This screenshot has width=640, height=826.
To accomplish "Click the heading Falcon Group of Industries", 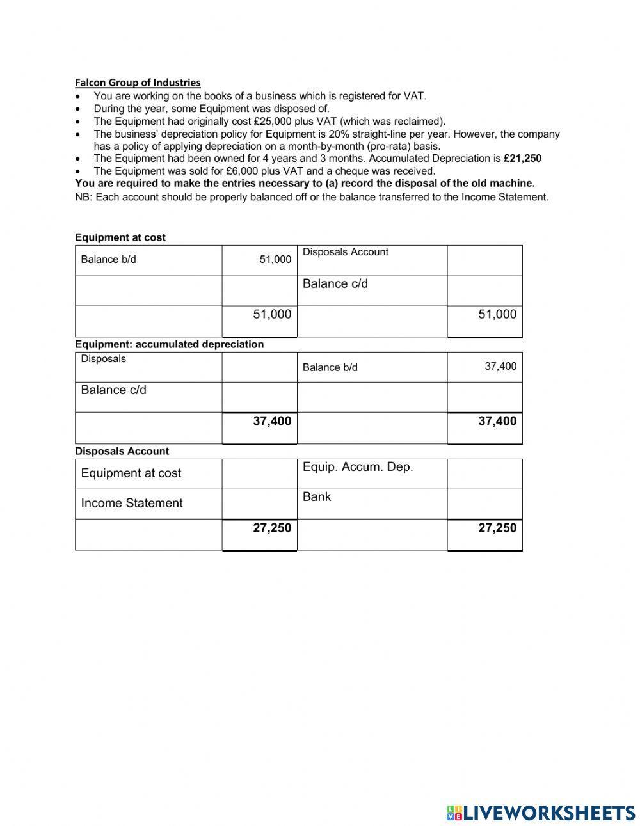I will tap(138, 83).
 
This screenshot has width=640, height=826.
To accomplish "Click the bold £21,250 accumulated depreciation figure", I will tap(522, 159).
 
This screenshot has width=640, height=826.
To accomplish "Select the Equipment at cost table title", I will tap(120, 237).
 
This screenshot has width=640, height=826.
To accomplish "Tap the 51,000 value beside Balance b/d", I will tap(275, 260).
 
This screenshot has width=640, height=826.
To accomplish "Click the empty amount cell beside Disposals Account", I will tap(484, 260).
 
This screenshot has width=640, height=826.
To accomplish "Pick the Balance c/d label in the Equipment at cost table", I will tap(335, 284).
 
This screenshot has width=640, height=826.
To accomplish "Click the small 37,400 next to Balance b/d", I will tap(500, 367).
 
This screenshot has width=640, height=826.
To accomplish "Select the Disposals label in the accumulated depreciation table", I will tap(104, 359).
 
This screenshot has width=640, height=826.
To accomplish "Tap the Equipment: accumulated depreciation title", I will tap(170, 344).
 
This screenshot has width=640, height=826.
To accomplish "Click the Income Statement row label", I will tap(132, 504).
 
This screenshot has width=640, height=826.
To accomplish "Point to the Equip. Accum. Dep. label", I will tap(358, 467).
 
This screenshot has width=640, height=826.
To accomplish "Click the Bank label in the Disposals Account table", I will tap(317, 497).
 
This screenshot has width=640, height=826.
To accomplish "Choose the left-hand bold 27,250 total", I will tap(272, 528).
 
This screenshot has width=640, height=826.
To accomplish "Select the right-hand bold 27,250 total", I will tap(497, 528).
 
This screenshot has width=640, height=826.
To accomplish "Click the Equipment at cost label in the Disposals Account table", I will tap(131, 473).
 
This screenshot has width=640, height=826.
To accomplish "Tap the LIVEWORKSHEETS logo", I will tap(541, 813).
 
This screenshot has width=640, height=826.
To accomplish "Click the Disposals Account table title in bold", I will tap(122, 451).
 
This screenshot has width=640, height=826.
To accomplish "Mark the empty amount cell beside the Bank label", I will tap(484, 504).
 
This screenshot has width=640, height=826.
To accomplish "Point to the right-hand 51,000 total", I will tap(497, 314).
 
